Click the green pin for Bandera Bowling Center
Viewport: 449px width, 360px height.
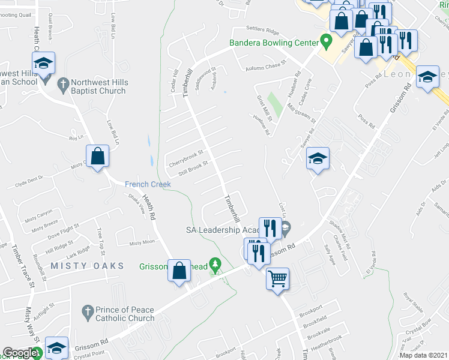327,43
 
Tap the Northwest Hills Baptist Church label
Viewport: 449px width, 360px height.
98,86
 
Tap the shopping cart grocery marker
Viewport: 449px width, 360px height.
277,278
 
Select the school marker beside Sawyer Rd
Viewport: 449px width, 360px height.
318,159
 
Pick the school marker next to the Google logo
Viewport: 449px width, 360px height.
56,348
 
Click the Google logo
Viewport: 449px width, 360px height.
19,353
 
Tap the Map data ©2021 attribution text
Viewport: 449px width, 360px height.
423,355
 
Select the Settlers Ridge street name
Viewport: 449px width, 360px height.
263,31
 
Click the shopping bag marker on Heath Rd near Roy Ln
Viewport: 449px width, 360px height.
97,157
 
